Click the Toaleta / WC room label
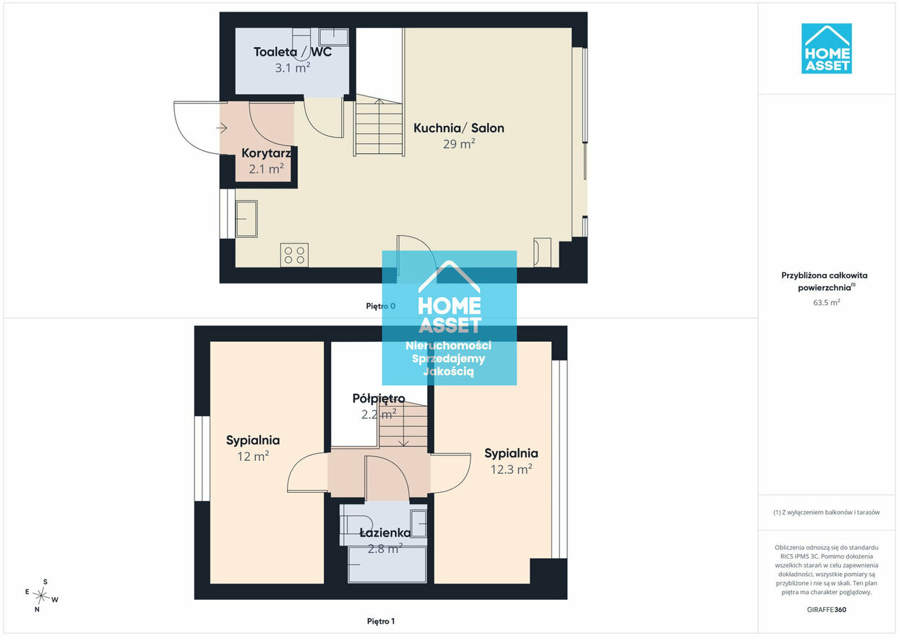(x=293, y=52)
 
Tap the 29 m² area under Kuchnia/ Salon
(x=459, y=144)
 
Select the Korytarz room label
(x=266, y=153)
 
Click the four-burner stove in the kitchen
(x=294, y=255)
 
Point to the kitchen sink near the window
(x=246, y=219)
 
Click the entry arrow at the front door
(x=222, y=128)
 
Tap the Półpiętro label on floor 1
(x=379, y=398)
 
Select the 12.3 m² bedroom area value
(x=511, y=469)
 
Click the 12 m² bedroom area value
(x=253, y=456)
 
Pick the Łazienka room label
(x=385, y=533)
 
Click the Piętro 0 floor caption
(x=380, y=306)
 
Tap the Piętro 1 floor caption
(x=381, y=621)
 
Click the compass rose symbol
(x=41, y=596)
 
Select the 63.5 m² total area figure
(x=826, y=302)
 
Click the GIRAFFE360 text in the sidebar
(x=826, y=609)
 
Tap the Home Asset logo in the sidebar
(x=826, y=48)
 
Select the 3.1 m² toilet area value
(x=293, y=68)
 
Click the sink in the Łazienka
(x=418, y=524)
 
